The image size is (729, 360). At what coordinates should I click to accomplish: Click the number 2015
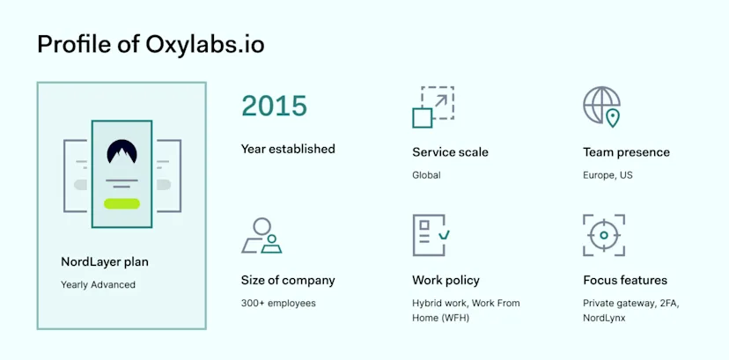[274, 107]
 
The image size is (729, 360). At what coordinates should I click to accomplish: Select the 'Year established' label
[288, 149]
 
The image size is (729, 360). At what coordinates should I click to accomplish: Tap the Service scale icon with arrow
[432, 107]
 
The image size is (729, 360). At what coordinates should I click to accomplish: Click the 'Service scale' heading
[450, 152]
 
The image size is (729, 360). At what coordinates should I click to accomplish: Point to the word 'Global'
[426, 175]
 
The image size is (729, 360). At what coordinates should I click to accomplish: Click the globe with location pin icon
[601, 107]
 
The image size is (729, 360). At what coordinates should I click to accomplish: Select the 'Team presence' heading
[626, 152]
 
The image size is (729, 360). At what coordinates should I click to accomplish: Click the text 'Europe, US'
[607, 175]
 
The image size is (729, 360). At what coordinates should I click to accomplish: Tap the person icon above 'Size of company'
[261, 235]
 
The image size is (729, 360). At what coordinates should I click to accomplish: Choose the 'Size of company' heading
[288, 281]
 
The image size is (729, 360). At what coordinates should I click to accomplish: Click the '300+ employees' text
[278, 304]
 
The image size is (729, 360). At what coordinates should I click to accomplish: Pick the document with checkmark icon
[431, 235]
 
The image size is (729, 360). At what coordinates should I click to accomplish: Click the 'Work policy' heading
[445, 281]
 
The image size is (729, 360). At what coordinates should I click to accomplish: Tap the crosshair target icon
[603, 235]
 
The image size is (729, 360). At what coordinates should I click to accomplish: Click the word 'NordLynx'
[604, 318]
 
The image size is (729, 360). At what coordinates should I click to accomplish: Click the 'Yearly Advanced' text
[99, 284]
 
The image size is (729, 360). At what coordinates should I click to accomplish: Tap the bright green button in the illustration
[121, 203]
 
